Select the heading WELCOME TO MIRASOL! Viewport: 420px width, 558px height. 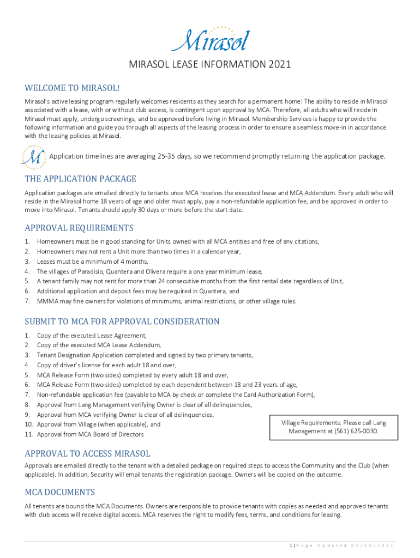(x=72, y=88)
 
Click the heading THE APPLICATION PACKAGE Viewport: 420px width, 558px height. (x=80, y=179)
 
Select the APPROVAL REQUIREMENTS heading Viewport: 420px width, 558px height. (x=79, y=228)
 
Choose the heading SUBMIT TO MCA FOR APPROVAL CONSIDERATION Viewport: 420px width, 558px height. (x=122, y=322)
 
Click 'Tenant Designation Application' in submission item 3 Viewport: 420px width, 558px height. (x=83, y=355)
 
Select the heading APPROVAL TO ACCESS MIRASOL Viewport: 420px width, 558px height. (x=87, y=453)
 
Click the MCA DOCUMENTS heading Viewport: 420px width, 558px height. (x=60, y=492)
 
